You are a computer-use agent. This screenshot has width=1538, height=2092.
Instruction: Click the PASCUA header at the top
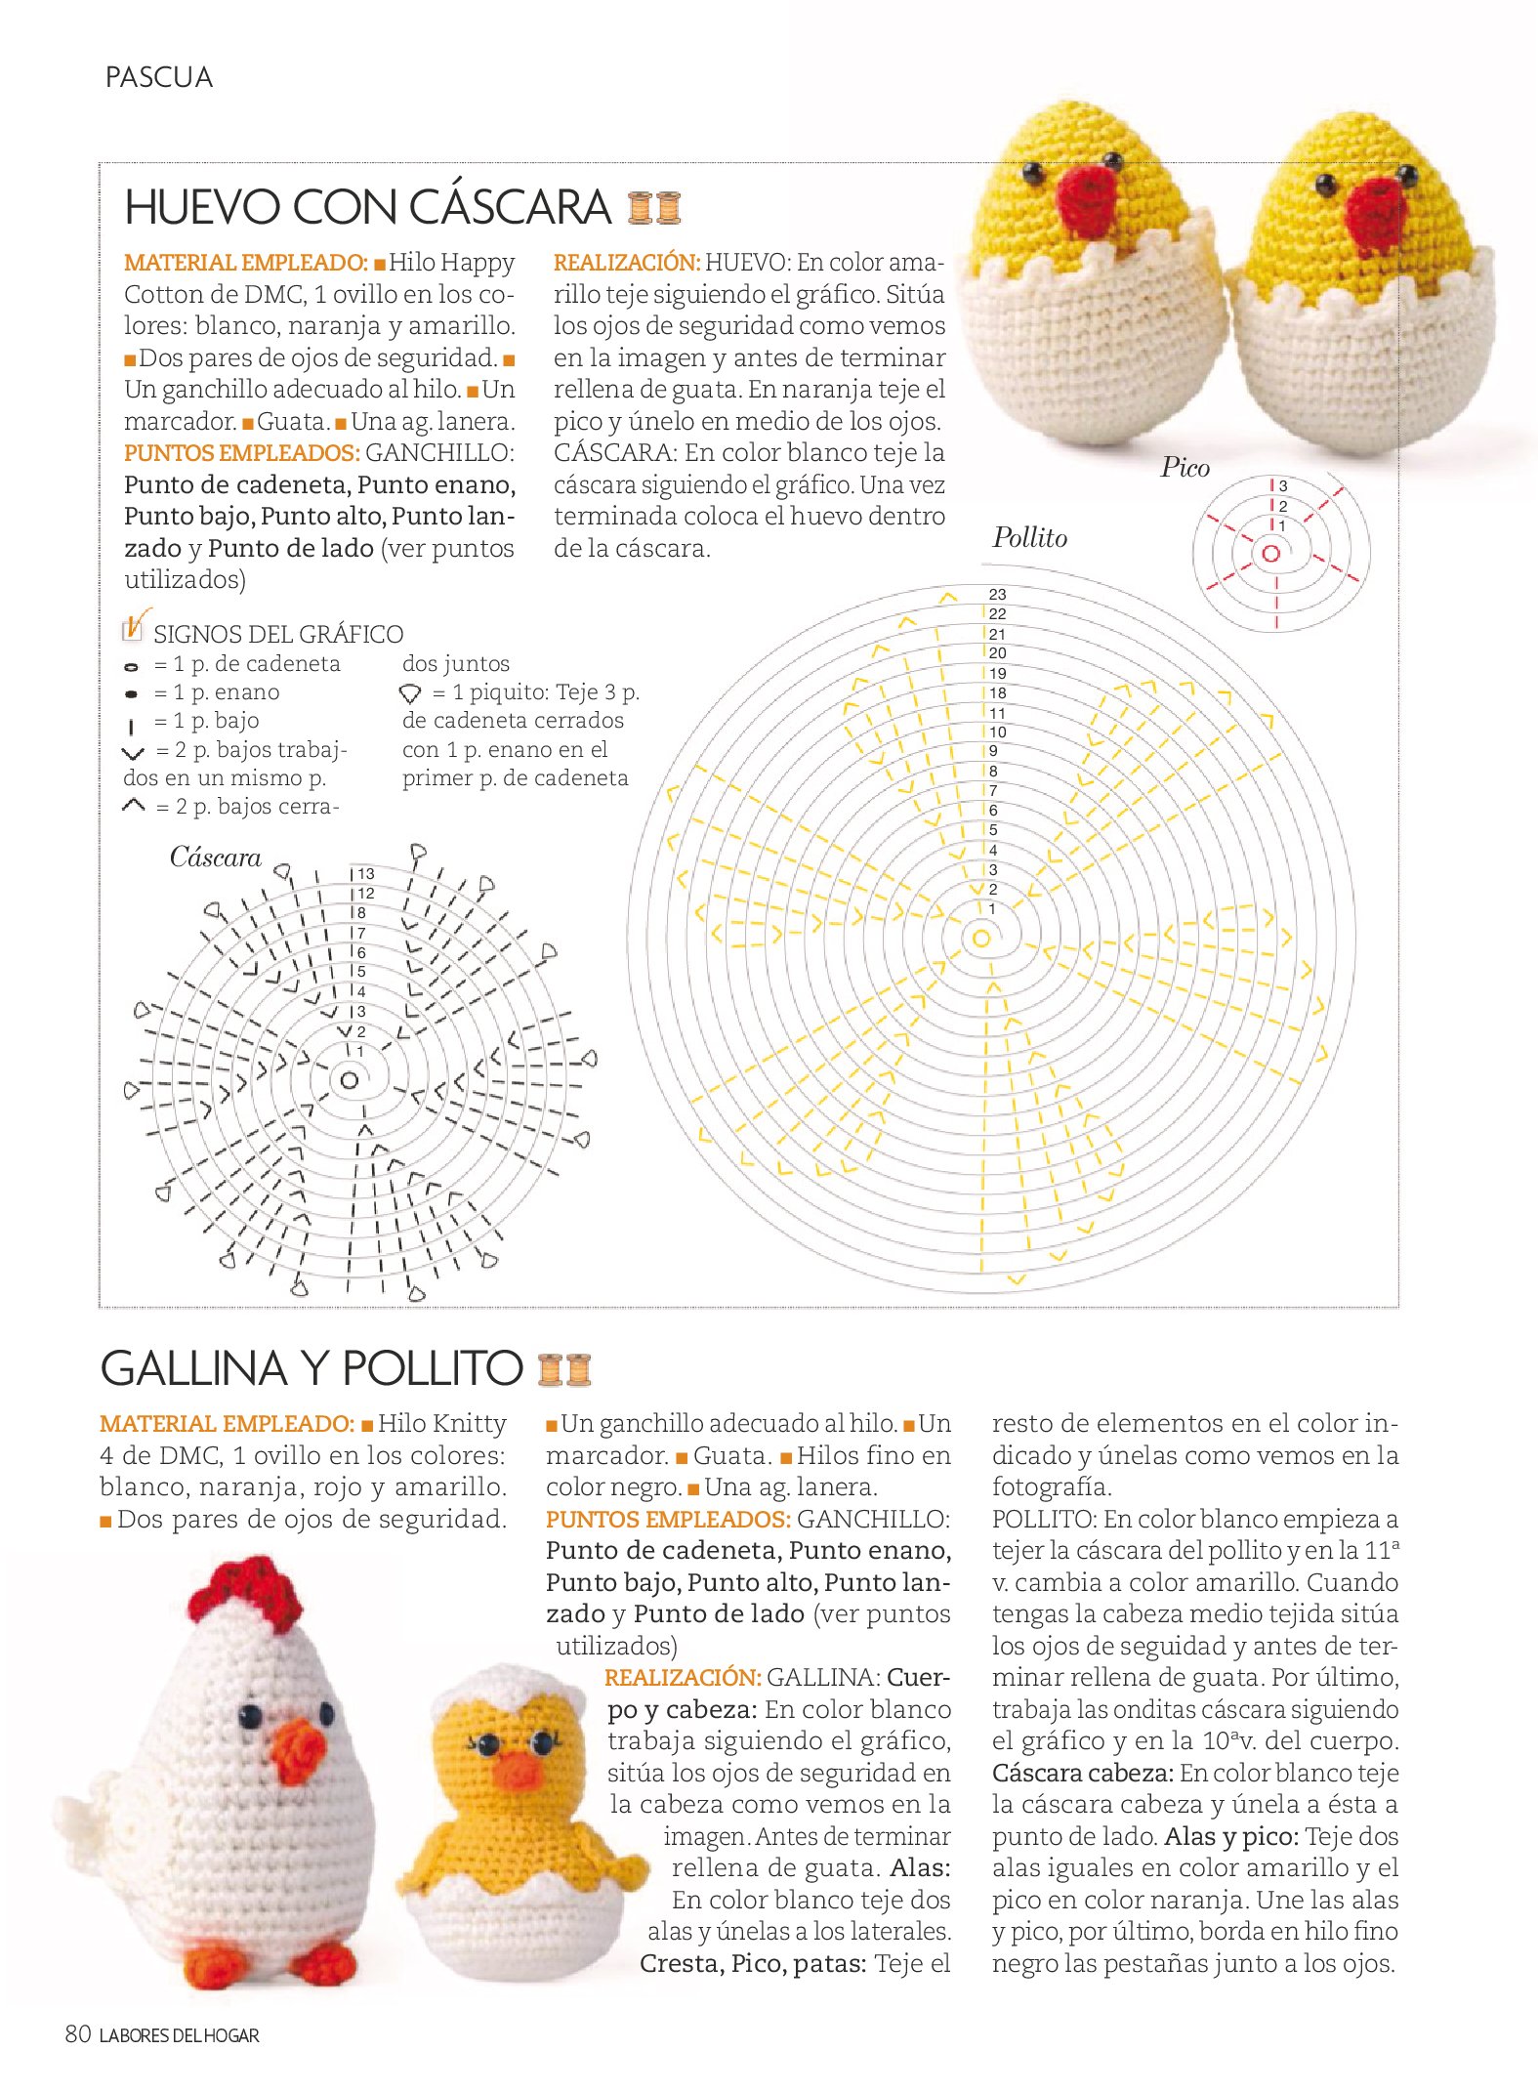coord(158,77)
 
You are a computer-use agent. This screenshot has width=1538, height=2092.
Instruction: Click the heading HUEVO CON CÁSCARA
coord(367,207)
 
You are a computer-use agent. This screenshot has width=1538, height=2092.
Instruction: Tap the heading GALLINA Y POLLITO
coord(312,1367)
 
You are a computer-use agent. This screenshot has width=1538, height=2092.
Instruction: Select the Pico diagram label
coord(1185,468)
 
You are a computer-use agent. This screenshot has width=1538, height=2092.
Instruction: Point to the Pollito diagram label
coord(1029,537)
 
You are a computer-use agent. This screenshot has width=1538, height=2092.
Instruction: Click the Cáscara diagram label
coord(215,858)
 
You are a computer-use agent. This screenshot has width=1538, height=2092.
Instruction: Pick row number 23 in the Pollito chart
coord(997,594)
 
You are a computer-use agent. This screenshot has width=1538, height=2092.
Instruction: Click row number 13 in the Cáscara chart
coord(365,873)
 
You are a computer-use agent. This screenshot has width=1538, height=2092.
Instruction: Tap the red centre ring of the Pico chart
coord(1270,554)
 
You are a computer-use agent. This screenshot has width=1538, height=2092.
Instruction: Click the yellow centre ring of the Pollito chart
coord(980,939)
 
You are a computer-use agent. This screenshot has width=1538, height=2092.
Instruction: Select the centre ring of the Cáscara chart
coord(349,1080)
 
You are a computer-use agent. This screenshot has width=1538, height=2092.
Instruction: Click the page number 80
coord(77,2034)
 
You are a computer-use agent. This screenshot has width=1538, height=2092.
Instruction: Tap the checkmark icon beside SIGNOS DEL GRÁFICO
coord(134,626)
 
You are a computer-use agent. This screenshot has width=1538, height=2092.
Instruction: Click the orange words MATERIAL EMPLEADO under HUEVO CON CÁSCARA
coord(245,263)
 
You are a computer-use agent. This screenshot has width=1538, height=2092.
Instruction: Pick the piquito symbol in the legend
coord(410,693)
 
